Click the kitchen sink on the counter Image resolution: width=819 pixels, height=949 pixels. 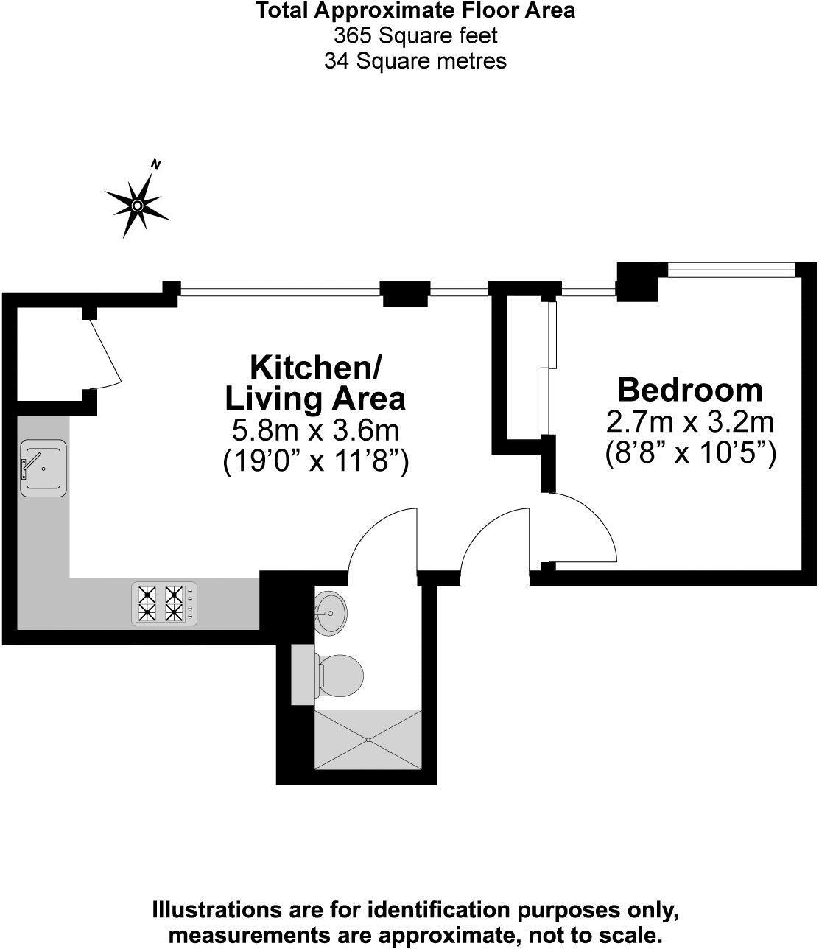coord(43,468)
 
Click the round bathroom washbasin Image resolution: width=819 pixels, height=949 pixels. coord(331,612)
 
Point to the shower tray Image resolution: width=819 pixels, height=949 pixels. coord(368,739)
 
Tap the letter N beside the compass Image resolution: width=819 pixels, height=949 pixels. coord(155,164)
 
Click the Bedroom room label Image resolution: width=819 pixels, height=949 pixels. coord(689,389)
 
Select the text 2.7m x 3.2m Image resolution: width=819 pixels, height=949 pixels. coord(689,421)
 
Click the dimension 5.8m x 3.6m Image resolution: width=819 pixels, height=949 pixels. coord(315,430)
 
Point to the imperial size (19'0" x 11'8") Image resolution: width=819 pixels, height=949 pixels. coord(315,461)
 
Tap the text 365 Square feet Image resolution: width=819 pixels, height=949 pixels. coord(415,35)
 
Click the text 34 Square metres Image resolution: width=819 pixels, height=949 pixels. coord(415,60)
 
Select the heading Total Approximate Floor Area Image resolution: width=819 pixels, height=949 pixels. coord(415,10)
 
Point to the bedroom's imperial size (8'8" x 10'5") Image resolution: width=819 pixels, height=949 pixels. coord(690,452)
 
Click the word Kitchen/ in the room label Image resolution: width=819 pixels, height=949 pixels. coord(316,366)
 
